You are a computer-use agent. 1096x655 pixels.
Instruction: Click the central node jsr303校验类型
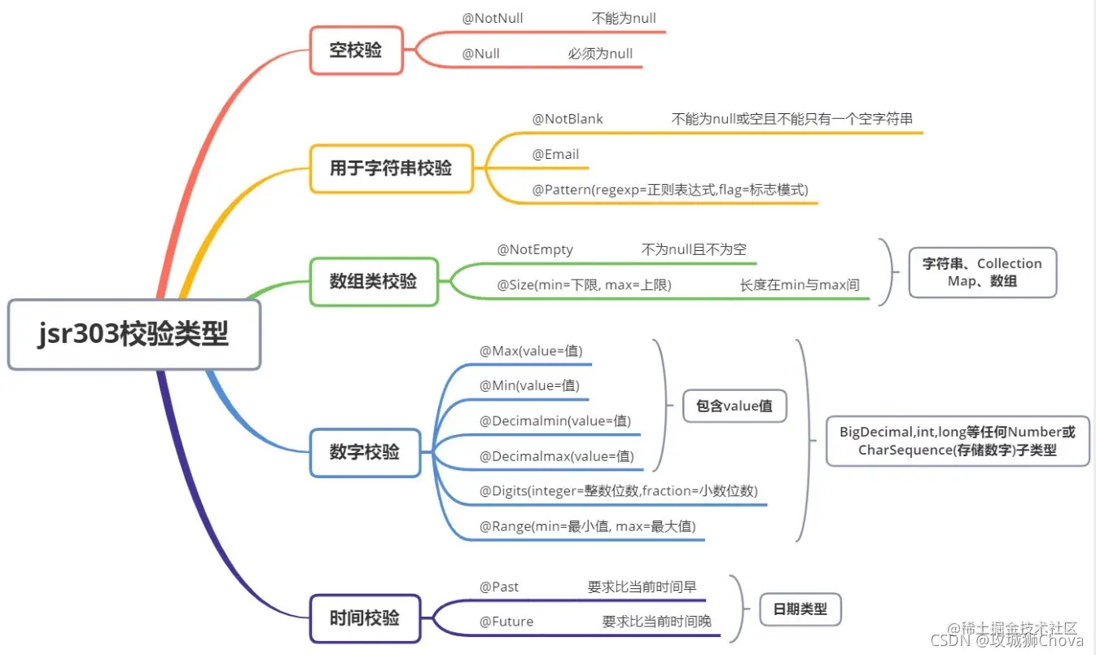134,335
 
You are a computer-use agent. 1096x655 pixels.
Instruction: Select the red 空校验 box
356,51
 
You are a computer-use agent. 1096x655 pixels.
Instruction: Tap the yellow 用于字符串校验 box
391,169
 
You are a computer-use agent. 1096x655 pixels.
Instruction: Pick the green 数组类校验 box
374,282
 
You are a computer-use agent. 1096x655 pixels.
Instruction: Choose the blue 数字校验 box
365,452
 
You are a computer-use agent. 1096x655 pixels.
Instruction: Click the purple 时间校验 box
365,618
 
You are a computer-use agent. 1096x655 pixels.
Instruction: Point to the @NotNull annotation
493,18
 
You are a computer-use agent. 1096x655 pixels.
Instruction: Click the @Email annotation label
555,155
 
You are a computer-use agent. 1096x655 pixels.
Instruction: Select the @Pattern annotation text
669,190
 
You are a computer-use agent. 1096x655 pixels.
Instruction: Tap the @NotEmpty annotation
535,250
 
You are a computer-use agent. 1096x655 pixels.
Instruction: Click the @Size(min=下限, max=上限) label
584,285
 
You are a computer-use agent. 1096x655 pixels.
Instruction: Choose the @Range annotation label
587,526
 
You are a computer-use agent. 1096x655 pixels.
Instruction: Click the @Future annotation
506,622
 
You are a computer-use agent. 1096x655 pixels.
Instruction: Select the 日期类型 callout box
800,609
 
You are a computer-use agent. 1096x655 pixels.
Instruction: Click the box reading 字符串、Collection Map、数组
982,272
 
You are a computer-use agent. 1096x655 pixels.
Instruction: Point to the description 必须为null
600,54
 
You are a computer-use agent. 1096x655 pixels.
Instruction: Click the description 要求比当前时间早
642,587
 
